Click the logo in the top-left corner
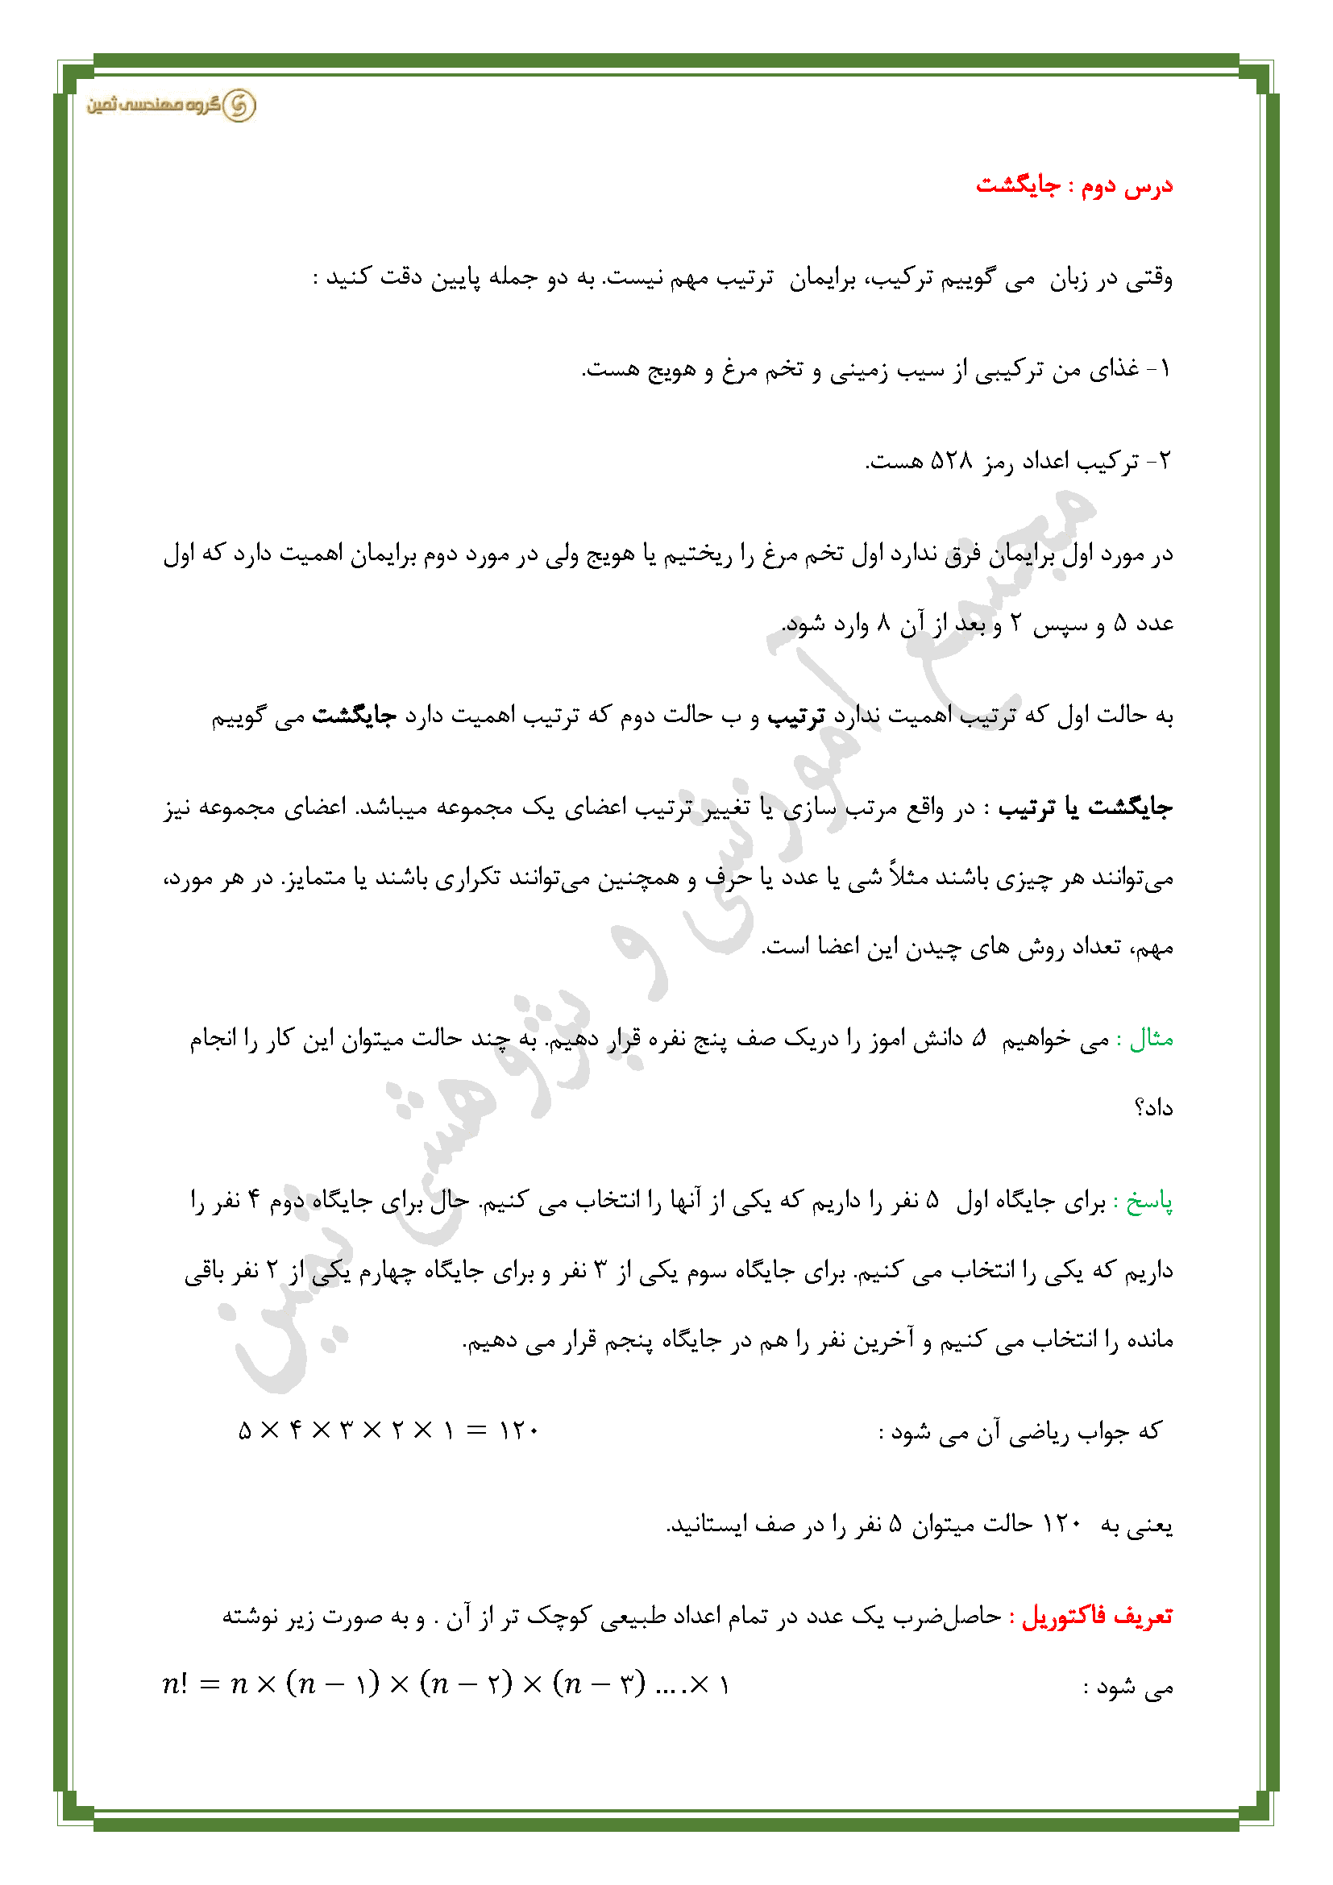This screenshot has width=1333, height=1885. click(x=172, y=105)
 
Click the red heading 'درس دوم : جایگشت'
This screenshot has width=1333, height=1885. click(x=1073, y=185)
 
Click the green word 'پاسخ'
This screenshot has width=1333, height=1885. click(x=1149, y=1202)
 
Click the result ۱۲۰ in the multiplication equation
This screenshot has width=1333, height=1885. click(x=518, y=1430)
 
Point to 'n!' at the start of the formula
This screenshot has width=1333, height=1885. click(x=175, y=1684)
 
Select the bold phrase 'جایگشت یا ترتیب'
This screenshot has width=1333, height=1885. click(x=1085, y=808)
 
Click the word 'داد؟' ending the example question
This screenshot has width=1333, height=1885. click(x=1153, y=1108)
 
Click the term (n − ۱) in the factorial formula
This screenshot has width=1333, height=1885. click(x=332, y=1684)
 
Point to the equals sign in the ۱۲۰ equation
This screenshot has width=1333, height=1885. click(x=477, y=1430)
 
